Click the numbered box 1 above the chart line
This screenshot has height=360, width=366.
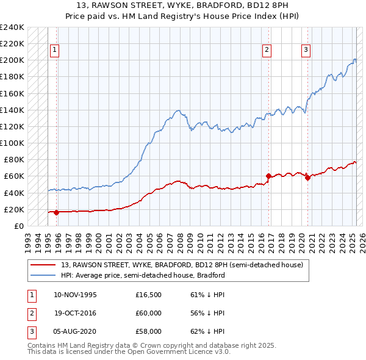55,51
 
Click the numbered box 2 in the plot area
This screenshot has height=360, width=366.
267,51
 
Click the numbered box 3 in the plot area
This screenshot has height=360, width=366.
306,51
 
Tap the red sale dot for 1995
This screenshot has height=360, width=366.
56,212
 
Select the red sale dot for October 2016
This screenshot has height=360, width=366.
268,176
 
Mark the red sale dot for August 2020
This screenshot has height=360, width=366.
307,178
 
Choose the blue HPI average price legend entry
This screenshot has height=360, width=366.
143,275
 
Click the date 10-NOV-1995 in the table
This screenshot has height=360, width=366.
75,295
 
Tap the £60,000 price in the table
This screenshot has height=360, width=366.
148,313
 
